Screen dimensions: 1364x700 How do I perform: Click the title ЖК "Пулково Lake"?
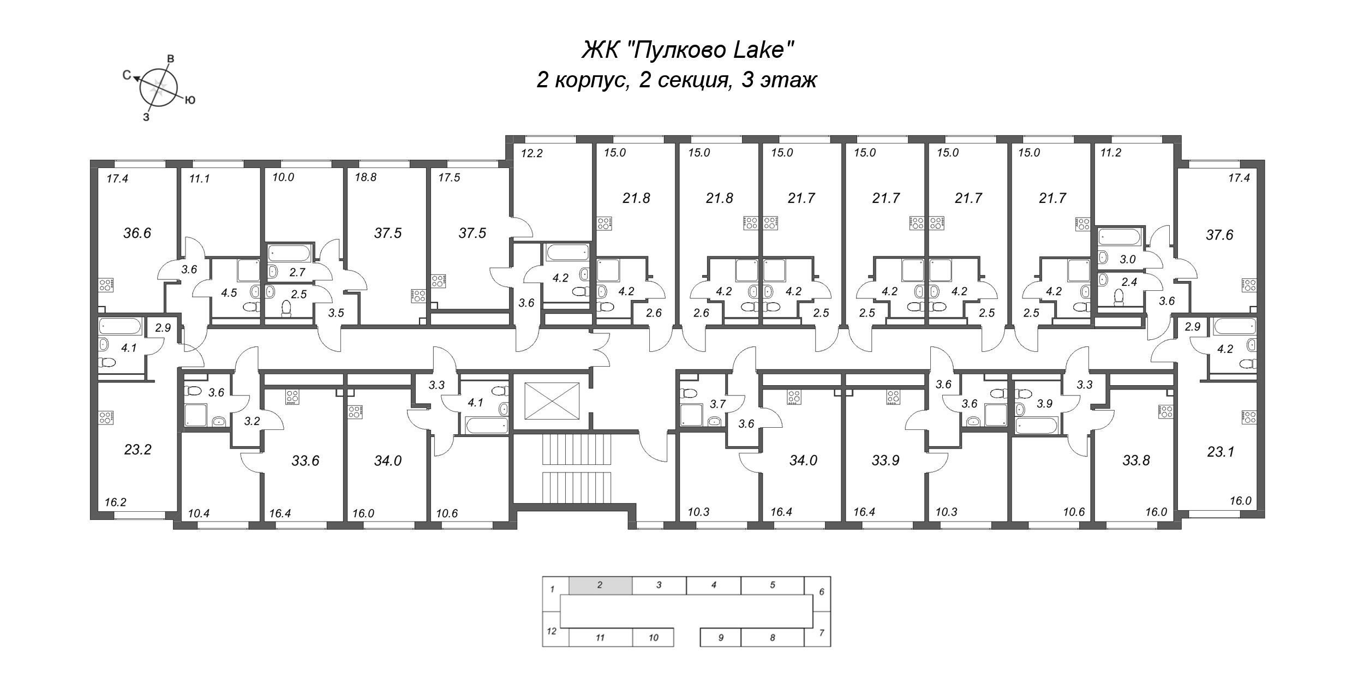click(x=687, y=51)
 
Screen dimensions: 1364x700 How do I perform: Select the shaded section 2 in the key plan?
click(x=601, y=585)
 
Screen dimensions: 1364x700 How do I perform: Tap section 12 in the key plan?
click(x=552, y=631)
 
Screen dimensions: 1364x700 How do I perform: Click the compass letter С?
click(x=127, y=75)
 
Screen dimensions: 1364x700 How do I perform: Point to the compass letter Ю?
click(x=190, y=100)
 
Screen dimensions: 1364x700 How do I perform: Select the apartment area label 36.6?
click(x=137, y=234)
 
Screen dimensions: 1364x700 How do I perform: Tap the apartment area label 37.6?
click(x=1219, y=235)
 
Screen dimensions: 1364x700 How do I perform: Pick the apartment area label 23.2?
click(x=137, y=450)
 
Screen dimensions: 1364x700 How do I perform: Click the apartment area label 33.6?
click(x=305, y=461)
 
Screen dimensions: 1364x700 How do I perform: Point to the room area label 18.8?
click(x=366, y=177)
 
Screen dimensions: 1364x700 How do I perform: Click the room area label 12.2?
click(x=532, y=153)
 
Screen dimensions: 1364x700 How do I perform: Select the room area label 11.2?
click(x=1110, y=153)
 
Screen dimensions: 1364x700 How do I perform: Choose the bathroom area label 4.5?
click(x=229, y=293)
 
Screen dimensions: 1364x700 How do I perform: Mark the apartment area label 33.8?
click(x=1136, y=461)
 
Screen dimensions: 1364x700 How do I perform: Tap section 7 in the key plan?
click(x=822, y=633)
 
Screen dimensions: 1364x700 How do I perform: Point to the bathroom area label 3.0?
click(x=1127, y=260)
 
